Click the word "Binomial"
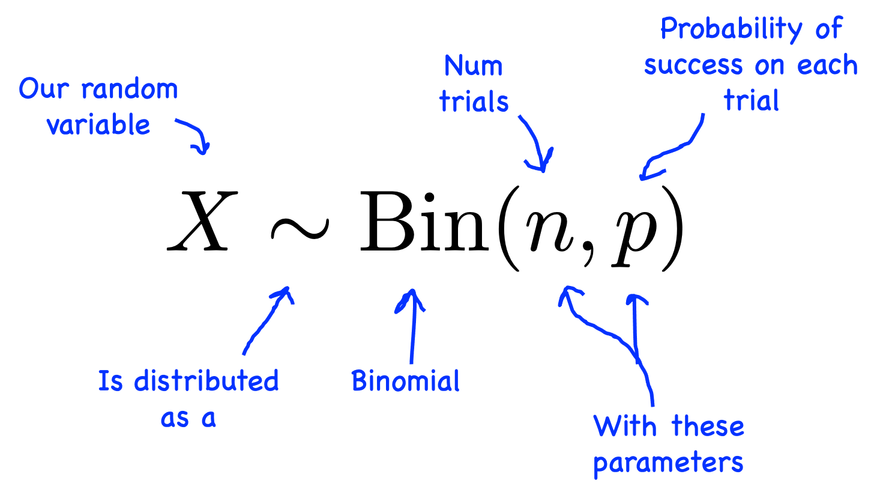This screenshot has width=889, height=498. point(405,381)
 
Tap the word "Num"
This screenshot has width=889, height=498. point(473,66)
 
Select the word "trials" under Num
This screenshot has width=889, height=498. point(474,102)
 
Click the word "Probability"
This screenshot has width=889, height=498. point(731,29)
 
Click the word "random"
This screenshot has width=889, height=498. point(130,90)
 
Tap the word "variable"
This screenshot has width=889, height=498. point(98,125)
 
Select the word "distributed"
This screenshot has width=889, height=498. point(206,381)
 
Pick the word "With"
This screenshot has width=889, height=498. point(624,427)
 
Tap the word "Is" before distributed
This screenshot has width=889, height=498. point(110,381)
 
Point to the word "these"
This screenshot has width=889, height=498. point(708,427)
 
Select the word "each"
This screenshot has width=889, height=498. point(827,65)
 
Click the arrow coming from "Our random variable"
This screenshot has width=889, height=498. point(195,135)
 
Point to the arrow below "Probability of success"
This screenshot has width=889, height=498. point(675,150)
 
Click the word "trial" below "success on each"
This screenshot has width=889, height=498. point(751,101)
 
